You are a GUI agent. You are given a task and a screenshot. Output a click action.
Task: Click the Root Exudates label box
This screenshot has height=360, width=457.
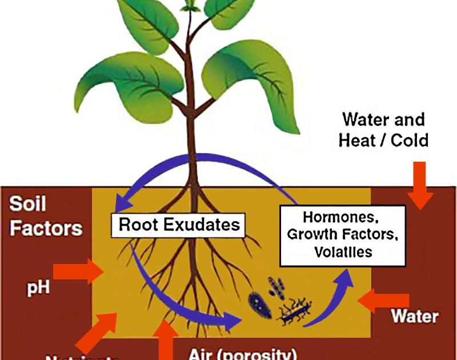click(178, 225)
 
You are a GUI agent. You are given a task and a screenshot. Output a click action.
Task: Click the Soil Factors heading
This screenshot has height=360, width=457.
click(46, 217)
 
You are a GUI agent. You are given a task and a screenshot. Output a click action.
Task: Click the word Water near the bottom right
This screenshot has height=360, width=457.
click(414, 316)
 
